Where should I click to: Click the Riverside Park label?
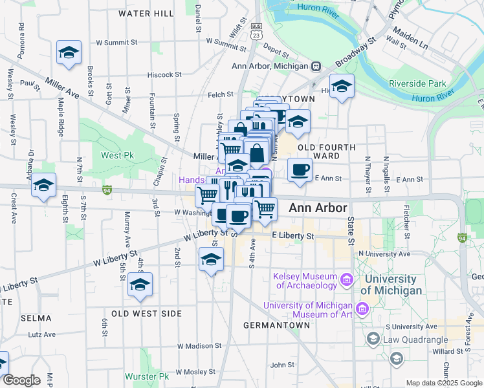(x=418, y=84)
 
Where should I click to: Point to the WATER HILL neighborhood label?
(x=146, y=14)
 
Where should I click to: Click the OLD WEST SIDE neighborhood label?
(x=146, y=314)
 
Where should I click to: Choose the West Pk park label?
(x=116, y=156)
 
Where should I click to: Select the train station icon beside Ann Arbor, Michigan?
(x=316, y=66)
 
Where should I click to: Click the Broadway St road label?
(x=356, y=53)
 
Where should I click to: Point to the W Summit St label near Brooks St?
(x=117, y=43)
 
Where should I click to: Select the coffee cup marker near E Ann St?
(x=299, y=170)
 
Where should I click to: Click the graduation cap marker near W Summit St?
(x=69, y=54)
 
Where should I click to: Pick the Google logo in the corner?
(x=21, y=381)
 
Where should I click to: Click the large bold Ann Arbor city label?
(x=318, y=208)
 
